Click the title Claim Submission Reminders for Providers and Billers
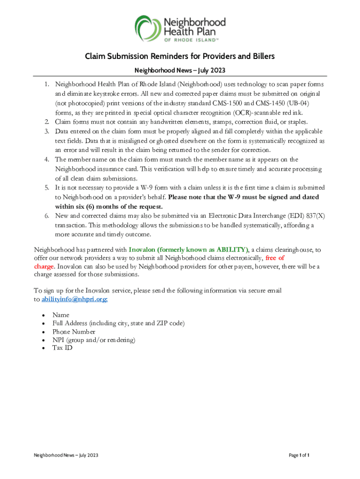coord(180,57)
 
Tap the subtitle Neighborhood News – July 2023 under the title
coord(180,71)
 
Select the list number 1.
coord(47,84)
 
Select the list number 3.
coord(47,131)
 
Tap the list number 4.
coord(47,160)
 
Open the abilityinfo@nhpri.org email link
coord(75,299)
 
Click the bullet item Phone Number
coord(74,332)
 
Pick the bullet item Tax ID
coord(62,348)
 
